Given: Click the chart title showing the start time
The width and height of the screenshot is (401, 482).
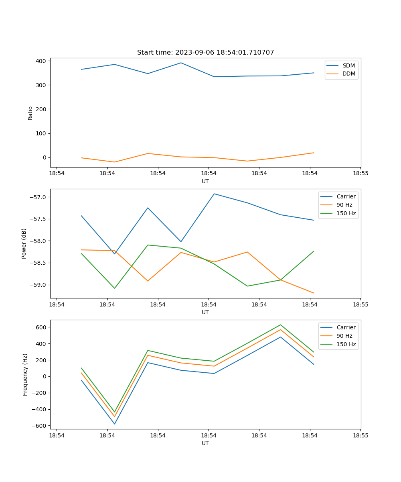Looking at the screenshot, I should coord(205,53).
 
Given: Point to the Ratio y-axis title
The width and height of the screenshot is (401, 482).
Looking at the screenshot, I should coord(30,113).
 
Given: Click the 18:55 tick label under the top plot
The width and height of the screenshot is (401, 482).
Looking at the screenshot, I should coord(360,174).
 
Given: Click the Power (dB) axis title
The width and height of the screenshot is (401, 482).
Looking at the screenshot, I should coord(24,243).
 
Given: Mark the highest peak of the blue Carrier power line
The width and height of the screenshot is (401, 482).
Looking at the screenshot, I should coord(214,194).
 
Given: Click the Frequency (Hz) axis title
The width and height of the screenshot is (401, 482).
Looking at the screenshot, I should coord(25,374).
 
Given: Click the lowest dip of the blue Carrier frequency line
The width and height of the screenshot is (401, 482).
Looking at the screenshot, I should coord(115,424).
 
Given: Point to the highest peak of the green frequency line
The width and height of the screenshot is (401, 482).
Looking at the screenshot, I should coord(280,325).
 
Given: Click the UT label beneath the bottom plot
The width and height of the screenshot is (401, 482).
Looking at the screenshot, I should coord(205,443).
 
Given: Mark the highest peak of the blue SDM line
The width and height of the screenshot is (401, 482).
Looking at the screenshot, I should coord(181,63).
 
